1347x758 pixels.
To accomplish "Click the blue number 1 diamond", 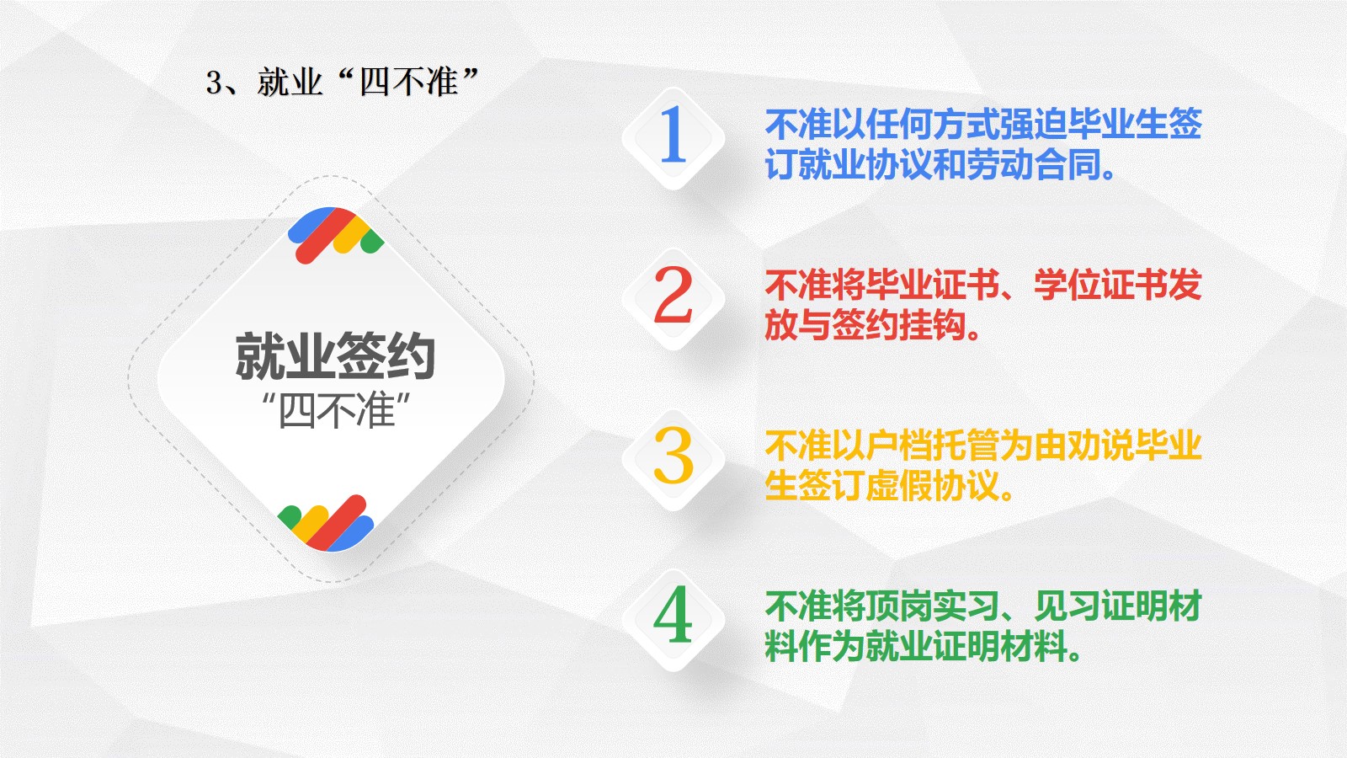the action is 673,139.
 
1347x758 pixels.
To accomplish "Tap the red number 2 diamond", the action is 673,299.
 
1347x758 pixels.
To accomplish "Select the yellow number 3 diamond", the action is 673,460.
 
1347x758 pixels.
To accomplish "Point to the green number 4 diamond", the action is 673,620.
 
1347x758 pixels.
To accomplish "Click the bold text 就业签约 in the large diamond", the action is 335,356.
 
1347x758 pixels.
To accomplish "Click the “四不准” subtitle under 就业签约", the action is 337,411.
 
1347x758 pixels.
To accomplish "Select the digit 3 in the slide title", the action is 214,83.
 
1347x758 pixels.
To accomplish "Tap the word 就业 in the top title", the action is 290,83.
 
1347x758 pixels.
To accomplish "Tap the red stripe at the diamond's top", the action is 326,236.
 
